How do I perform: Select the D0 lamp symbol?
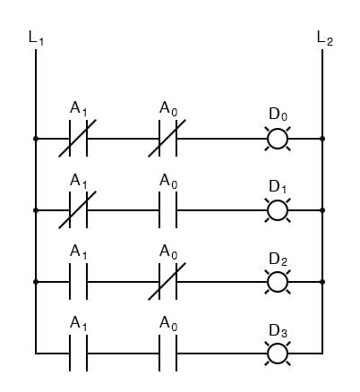coord(278,140)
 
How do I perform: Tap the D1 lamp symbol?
coord(278,210)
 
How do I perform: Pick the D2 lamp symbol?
coord(278,281)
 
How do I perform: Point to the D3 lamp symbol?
coord(278,352)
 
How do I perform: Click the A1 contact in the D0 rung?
coord(79,140)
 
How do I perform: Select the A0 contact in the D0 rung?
coord(168,140)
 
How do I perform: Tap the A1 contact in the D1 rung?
coord(79,210)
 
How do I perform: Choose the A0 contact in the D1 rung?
coord(168,210)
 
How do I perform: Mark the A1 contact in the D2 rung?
coord(79,281)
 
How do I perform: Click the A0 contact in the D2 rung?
coord(168,281)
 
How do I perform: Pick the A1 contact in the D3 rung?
coord(79,352)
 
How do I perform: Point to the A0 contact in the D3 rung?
coord(168,352)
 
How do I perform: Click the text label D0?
coord(278,115)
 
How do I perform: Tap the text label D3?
coord(278,328)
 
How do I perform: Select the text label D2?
coord(278,259)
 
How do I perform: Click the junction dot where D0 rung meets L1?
coord(36,140)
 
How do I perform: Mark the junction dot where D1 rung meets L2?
coord(322,210)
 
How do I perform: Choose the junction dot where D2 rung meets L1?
coord(36,281)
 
